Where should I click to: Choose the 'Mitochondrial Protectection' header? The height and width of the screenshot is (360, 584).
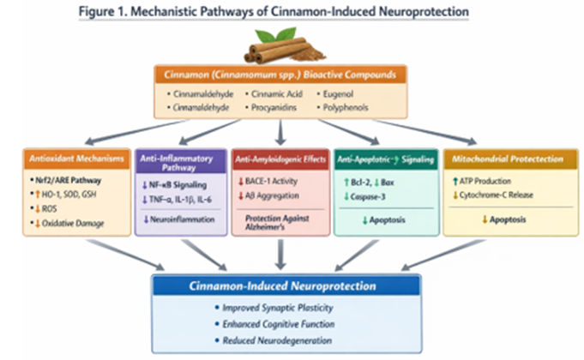(508, 159)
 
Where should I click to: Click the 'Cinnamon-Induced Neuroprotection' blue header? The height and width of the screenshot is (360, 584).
(291, 286)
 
